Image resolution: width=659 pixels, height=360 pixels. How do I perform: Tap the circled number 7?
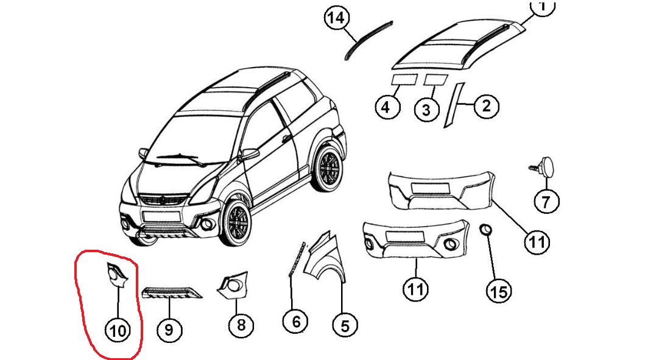[545, 200]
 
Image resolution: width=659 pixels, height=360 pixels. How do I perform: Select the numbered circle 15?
[498, 291]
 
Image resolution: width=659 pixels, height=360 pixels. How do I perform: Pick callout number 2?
[486, 107]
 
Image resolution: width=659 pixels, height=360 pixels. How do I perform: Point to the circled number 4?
[386, 107]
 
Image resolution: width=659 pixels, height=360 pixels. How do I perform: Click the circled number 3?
[426, 110]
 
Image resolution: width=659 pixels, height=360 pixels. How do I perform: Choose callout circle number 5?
[345, 326]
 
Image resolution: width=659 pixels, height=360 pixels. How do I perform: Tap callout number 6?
[296, 320]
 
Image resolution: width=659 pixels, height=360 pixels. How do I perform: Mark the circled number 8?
[241, 325]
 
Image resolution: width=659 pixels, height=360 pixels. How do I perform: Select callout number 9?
[169, 330]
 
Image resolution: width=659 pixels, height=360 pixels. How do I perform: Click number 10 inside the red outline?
[118, 330]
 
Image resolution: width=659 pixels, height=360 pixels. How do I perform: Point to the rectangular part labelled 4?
[403, 79]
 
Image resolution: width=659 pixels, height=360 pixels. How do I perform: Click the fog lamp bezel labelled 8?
[233, 285]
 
